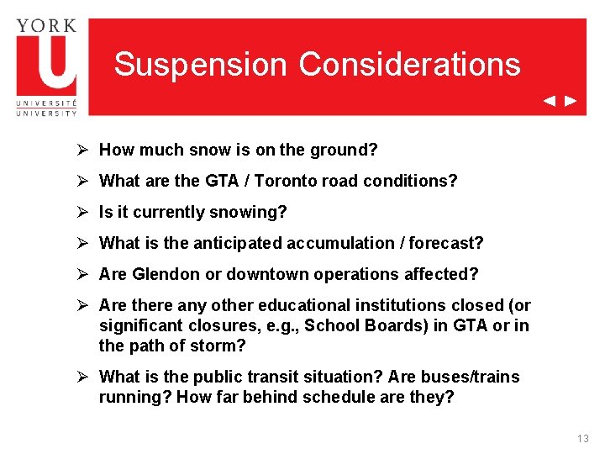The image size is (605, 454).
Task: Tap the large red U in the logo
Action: [46, 64]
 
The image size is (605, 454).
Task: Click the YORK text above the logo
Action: [46, 24]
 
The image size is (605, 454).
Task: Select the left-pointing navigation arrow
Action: [549, 101]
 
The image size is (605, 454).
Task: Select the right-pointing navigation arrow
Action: [571, 101]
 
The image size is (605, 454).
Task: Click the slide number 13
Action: [583, 439]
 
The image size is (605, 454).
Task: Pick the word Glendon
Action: [167, 275]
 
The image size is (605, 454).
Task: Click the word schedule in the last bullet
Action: [340, 397]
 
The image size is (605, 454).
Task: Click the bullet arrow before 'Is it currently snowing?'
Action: [82, 213]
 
